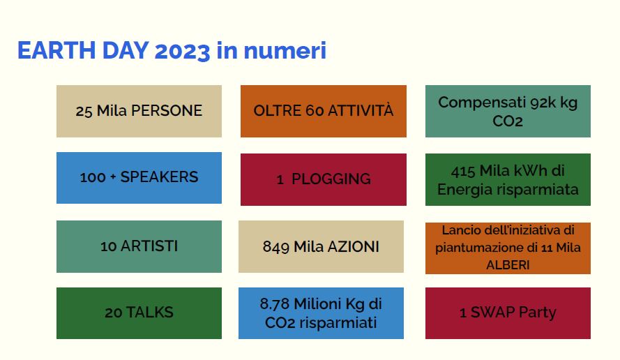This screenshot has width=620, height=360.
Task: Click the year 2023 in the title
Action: point(182,51)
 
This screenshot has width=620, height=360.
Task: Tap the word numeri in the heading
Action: point(285,51)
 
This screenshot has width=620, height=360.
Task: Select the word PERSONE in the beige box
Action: point(167,111)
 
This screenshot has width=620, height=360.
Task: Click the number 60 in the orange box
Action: point(315,111)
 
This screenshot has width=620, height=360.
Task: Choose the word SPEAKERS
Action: point(159,177)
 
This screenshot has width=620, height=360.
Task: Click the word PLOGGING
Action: point(331,179)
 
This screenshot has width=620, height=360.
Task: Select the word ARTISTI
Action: point(149,246)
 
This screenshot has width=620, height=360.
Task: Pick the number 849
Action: point(276,247)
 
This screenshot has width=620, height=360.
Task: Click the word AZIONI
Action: point(354,247)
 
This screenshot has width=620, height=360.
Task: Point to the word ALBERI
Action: point(508,264)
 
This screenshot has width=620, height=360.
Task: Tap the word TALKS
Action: point(150,313)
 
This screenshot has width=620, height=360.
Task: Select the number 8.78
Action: point(275,304)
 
